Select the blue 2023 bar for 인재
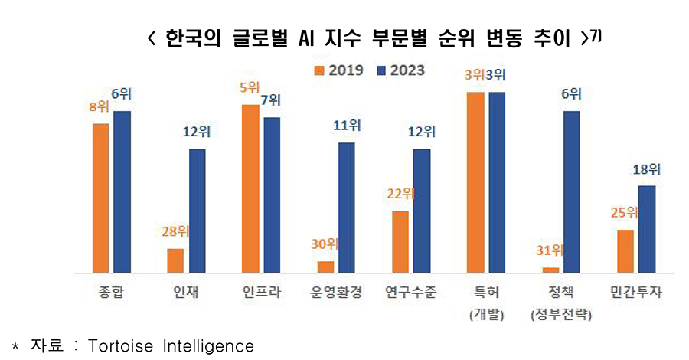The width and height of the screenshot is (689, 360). (197, 211)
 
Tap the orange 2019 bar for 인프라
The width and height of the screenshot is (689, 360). (250, 188)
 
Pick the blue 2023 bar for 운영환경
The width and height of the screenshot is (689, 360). (346, 208)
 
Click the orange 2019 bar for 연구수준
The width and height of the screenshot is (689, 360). (400, 241)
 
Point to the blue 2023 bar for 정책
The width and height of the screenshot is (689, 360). (571, 191)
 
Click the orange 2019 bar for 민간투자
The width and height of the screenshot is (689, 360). (625, 250)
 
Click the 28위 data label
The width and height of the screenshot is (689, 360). (175, 231)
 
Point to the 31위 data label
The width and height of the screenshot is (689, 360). (548, 250)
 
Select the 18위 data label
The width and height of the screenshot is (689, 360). (646, 169)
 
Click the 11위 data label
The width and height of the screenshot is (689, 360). (346, 126)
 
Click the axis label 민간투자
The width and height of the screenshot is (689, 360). (636, 293)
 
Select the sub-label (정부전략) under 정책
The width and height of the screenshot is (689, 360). (560, 316)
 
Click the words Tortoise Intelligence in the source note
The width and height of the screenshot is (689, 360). (171, 346)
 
